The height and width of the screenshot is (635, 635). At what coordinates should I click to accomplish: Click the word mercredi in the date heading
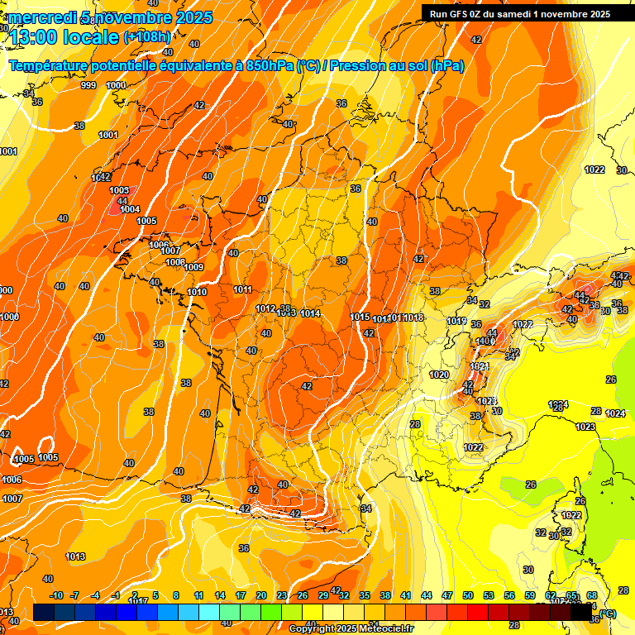click(x=39, y=18)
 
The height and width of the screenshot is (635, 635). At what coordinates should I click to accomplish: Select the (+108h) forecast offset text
click(x=147, y=37)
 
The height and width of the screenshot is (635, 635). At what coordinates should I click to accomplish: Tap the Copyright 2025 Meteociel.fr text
click(x=351, y=628)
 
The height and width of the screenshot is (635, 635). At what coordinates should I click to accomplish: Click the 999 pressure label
click(x=88, y=85)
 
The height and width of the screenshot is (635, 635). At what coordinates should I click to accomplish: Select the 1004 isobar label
click(x=130, y=210)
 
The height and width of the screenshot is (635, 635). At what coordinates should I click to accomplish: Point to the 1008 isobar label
click(x=175, y=262)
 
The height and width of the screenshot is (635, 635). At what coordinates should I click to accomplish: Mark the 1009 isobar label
click(x=193, y=267)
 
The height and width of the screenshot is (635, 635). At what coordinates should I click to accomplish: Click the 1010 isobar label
click(x=197, y=292)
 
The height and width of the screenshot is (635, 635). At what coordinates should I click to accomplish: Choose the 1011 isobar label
click(x=243, y=289)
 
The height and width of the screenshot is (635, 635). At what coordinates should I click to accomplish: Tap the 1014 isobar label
click(x=311, y=313)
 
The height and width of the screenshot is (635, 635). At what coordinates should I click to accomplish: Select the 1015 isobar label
click(x=360, y=317)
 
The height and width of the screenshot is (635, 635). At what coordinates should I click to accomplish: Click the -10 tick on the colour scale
click(x=56, y=595)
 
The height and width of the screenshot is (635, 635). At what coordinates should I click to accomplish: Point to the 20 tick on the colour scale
click(x=261, y=595)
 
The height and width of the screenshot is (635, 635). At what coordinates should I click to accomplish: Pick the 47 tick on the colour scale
click(x=447, y=595)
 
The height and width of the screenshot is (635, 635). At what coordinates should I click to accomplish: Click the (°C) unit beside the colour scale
click(x=608, y=613)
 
